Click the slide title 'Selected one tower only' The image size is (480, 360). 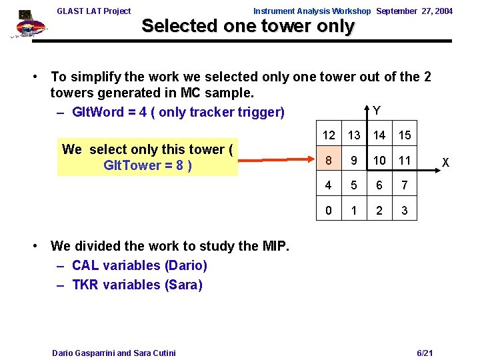click(x=248, y=27)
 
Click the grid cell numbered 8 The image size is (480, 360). click(x=328, y=161)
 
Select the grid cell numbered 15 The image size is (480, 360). click(x=405, y=136)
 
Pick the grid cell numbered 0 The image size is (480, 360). click(x=328, y=211)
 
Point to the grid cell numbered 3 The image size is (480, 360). click(x=405, y=211)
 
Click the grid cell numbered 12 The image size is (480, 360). click(x=329, y=136)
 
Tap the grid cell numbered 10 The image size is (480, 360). click(x=379, y=161)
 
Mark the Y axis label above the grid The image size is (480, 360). click(x=377, y=111)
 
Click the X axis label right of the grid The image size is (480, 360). click(x=446, y=163)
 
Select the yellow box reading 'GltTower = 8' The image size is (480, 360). click(x=147, y=157)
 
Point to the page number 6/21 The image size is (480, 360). click(x=425, y=352)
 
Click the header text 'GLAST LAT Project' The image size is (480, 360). click(x=94, y=11)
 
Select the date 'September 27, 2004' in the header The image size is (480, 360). click(x=415, y=11)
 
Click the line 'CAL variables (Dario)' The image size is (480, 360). click(x=139, y=265)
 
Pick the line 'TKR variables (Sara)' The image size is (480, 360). click(x=137, y=285)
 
